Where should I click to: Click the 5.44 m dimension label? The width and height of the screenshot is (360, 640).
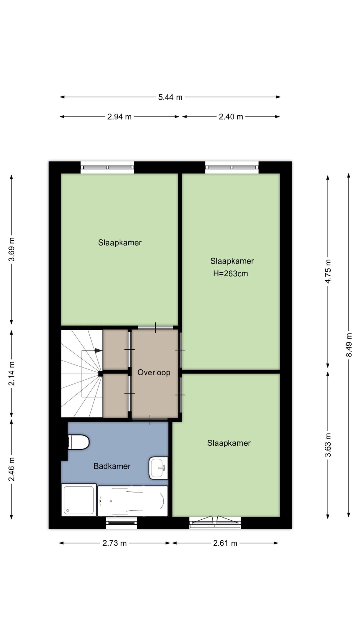point(170,97)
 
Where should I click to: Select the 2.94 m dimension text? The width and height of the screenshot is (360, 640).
point(119,117)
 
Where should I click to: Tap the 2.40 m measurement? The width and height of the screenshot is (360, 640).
point(231,117)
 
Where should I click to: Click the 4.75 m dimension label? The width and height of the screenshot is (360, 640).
point(328,271)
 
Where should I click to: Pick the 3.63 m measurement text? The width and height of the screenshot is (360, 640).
point(328,445)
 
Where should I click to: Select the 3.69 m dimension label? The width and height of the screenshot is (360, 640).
point(12,249)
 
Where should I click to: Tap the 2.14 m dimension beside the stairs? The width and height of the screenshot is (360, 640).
point(12,373)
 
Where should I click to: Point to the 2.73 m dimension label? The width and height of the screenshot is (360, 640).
point(115,543)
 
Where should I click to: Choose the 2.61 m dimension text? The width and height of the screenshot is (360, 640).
point(225,543)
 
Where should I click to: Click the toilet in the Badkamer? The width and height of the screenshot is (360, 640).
point(78,442)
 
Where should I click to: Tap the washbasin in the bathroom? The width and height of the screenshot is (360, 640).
point(158,468)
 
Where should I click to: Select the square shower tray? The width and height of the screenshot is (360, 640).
point(79,500)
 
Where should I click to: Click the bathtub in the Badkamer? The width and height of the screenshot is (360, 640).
point(133,501)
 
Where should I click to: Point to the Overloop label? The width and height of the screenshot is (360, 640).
point(154,372)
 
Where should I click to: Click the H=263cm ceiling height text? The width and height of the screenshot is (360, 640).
point(231,274)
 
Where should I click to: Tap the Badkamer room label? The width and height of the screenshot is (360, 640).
point(112,466)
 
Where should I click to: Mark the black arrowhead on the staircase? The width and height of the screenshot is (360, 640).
point(99,351)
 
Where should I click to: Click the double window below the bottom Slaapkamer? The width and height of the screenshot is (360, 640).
point(215,522)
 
